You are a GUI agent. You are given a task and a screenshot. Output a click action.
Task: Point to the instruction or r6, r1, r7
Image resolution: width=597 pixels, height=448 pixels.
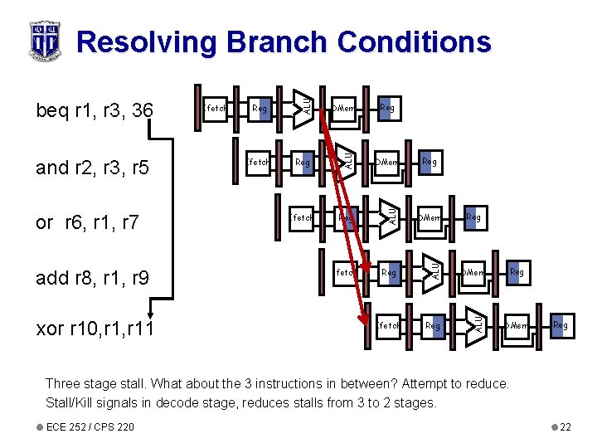point(86,222)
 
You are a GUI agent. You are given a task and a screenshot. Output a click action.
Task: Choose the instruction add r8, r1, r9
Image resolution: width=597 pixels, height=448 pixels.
point(92,278)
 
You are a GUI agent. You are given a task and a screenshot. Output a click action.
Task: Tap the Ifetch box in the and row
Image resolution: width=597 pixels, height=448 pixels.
point(258,163)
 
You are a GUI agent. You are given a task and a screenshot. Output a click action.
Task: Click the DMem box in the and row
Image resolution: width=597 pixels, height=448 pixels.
point(386,163)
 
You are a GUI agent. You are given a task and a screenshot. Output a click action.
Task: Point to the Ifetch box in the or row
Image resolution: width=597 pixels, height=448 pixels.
point(301,217)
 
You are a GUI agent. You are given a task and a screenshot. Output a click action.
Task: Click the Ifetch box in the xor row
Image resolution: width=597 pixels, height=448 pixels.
point(389,325)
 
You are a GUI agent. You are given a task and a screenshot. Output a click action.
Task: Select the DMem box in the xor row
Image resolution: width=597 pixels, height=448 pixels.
point(517,325)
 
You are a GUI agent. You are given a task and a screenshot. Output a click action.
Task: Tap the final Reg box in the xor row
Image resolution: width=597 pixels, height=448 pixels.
point(561,325)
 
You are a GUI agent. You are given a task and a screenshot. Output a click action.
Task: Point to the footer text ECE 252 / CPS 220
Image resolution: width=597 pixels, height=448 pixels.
point(80,426)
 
